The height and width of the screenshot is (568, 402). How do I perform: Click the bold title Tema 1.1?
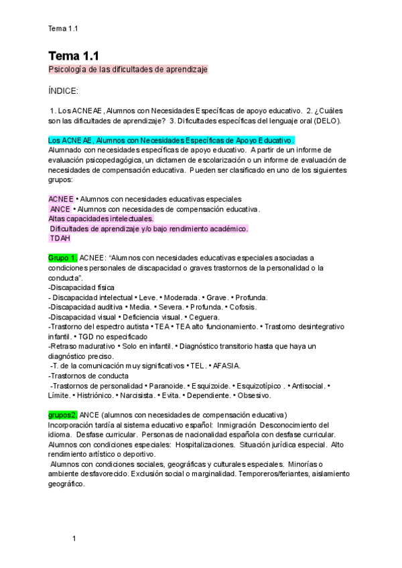(74, 56)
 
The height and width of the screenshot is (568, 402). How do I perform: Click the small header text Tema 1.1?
(64, 28)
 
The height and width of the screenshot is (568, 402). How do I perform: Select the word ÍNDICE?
(64, 90)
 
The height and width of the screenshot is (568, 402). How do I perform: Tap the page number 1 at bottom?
(74, 538)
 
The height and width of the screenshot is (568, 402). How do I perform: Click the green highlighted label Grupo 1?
(63, 257)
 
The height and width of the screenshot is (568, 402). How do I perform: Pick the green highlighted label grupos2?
(63, 415)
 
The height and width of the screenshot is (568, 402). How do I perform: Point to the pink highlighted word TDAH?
(60, 238)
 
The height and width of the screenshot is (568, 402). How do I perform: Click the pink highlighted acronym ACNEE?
(61, 199)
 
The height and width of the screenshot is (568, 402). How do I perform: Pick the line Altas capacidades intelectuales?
(100, 218)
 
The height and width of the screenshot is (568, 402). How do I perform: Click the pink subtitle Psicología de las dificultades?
(128, 70)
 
